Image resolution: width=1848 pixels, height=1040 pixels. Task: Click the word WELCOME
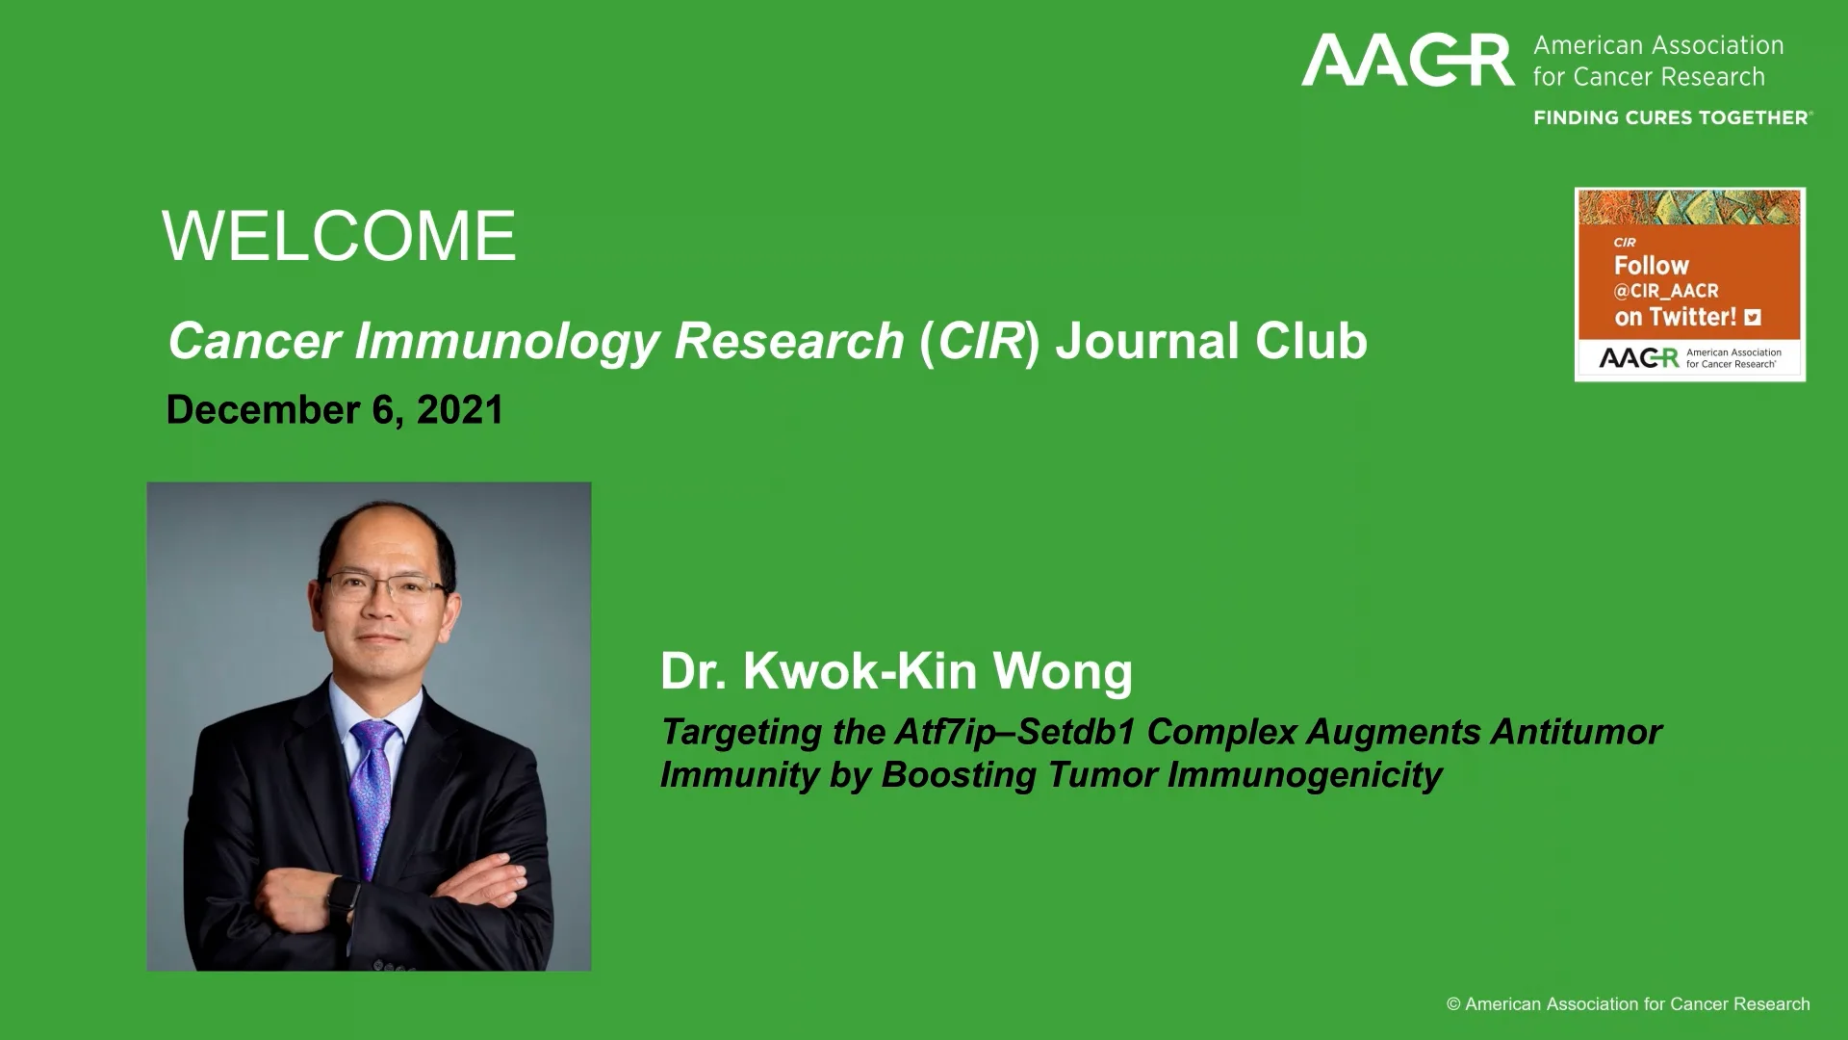(x=339, y=236)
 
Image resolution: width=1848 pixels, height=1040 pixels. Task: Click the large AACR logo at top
(x=1407, y=61)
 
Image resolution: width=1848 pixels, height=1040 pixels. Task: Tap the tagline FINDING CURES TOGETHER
(x=1671, y=117)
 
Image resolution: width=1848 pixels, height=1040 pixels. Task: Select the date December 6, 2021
(x=335, y=410)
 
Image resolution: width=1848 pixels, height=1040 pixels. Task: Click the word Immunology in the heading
(x=506, y=341)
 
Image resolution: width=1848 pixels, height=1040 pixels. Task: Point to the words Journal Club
(x=1211, y=341)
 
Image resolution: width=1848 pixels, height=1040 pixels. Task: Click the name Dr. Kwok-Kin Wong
(x=896, y=670)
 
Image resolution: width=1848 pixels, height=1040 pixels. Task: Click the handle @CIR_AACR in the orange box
(x=1666, y=291)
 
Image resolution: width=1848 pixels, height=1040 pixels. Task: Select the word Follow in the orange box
(x=1652, y=266)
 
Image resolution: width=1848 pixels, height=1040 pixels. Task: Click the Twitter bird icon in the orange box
(x=1753, y=317)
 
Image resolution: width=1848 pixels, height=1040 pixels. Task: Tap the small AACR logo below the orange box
(x=1638, y=358)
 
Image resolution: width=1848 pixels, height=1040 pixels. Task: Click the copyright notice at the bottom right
(x=1629, y=1004)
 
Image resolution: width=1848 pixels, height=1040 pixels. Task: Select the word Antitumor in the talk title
(x=1576, y=732)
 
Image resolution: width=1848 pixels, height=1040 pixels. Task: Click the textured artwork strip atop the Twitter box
(x=1690, y=207)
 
